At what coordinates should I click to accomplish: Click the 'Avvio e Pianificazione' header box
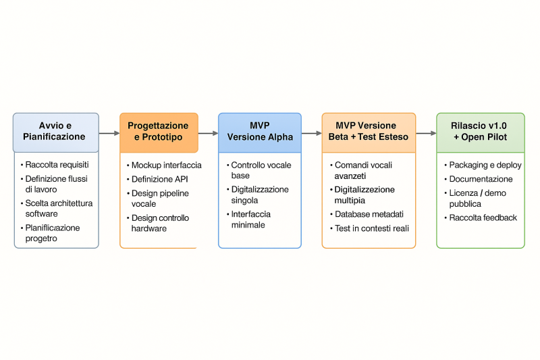pos(55,132)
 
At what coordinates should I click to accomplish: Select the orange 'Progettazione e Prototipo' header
pos(159,132)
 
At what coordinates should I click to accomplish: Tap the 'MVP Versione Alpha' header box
pos(260,132)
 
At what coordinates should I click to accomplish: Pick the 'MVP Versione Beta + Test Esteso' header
pos(368,132)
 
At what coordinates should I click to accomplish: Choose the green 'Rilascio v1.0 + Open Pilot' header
pos(480,132)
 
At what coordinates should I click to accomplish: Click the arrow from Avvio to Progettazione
pos(109,133)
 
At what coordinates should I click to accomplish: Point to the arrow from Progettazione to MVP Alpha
pos(208,133)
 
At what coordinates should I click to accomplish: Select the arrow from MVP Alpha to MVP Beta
pos(311,133)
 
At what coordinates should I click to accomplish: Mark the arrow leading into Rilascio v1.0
pos(426,133)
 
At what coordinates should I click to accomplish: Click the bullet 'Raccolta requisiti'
pos(57,165)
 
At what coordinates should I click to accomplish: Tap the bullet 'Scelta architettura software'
pos(59,209)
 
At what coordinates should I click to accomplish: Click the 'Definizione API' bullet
pos(160,179)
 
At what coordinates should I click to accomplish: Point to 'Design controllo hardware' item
pos(160,224)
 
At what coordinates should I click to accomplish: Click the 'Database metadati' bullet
pos(369,214)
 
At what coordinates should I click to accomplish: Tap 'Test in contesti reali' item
pos(372,228)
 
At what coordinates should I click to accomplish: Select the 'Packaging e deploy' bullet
pos(485,165)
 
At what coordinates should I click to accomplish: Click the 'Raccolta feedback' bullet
pos(483,217)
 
